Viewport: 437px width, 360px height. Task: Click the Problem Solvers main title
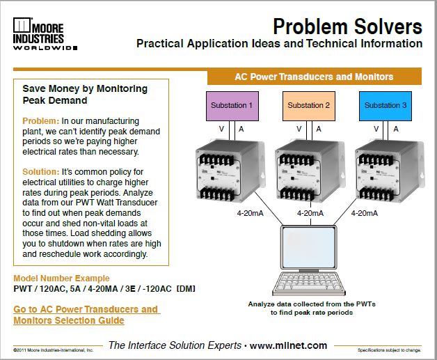coord(347,26)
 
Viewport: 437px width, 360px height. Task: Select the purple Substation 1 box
coord(230,106)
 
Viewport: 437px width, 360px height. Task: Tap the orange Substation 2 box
coord(307,106)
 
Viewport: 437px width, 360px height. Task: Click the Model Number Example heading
coord(61,278)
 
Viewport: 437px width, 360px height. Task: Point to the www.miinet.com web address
coord(287,345)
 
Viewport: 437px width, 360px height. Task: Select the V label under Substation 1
coord(221,129)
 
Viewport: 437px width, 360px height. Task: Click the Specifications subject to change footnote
coord(390,350)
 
